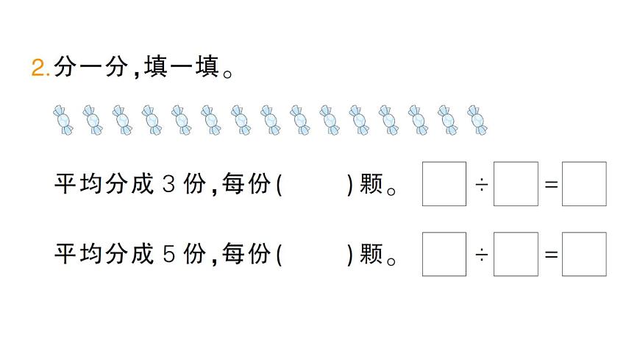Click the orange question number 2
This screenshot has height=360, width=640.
[x=38, y=70]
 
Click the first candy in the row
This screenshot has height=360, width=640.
[x=63, y=120]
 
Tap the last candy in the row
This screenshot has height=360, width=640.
[x=478, y=120]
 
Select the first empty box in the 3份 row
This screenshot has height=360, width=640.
[x=444, y=183]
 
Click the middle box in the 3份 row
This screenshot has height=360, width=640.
[x=516, y=183]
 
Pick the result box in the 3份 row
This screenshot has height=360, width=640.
[x=584, y=183]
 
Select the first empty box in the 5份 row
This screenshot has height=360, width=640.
[x=444, y=254]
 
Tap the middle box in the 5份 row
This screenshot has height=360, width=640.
[x=516, y=254]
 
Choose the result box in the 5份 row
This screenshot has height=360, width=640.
[x=584, y=254]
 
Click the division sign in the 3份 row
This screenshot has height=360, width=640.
[x=480, y=184]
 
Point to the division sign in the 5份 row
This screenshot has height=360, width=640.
[x=480, y=255]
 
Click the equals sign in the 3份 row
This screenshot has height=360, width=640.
[x=550, y=184]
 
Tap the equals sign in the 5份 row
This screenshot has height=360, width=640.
[x=550, y=255]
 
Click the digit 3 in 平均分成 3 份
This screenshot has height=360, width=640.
[x=167, y=183]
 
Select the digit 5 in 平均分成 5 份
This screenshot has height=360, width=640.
[x=167, y=254]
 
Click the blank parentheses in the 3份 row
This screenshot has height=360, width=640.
[x=315, y=183]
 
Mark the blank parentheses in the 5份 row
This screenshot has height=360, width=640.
[x=315, y=254]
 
